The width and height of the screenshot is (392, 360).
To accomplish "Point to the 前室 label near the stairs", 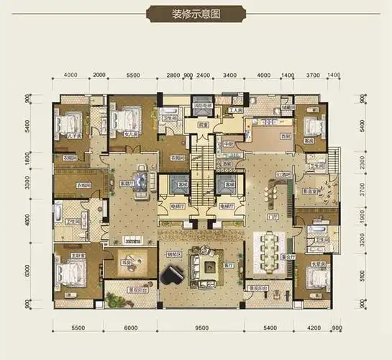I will click(x=204, y=124).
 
